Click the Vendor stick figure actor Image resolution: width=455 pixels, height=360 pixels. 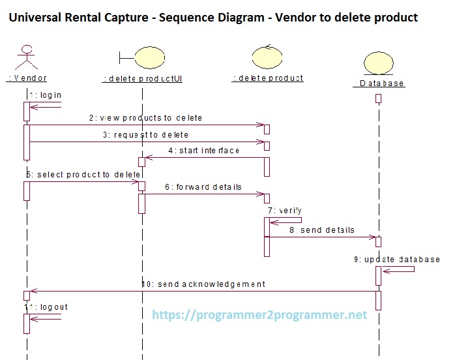coord(26,57)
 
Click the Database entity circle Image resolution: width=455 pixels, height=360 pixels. coord(378,65)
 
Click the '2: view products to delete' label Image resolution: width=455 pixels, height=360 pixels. coord(146,118)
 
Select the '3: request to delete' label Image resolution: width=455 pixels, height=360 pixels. coord(146,135)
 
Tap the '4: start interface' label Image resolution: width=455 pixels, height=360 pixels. coord(204,151)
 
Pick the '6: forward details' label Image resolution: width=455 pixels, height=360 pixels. coord(203,187)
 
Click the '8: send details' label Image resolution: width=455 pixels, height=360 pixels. coord(321,230)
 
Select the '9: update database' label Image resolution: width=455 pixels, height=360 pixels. coord(397,259)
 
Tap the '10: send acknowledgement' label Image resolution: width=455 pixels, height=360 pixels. coord(203,284)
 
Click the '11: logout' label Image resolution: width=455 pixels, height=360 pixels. coord(46,307)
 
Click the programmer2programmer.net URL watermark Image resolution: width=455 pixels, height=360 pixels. coord(259,315)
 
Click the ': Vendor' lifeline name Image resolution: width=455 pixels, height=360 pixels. coord(27,78)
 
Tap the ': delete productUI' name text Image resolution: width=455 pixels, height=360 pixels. coord(141,78)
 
